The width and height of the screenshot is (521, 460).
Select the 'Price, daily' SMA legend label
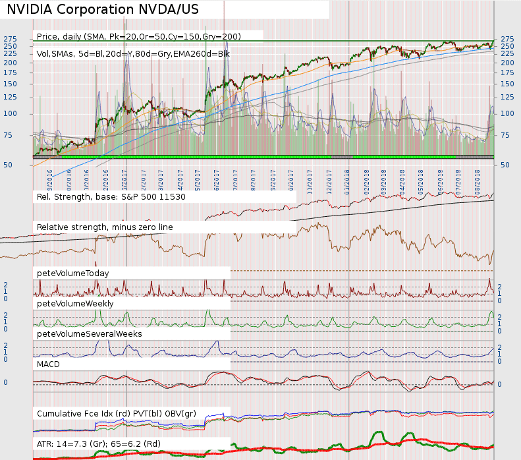click(x=138, y=36)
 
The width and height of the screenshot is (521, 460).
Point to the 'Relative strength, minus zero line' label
click(x=105, y=227)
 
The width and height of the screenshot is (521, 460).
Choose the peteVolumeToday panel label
click(x=73, y=272)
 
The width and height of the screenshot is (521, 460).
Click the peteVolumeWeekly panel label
click(x=75, y=303)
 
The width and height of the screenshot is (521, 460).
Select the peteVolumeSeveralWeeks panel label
click(x=90, y=333)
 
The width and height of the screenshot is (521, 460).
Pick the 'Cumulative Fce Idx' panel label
click(x=117, y=413)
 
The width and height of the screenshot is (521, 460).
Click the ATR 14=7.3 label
click(x=99, y=444)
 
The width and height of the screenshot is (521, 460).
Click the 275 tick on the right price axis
click(x=507, y=39)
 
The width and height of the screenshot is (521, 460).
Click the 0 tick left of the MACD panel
click(x=6, y=382)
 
